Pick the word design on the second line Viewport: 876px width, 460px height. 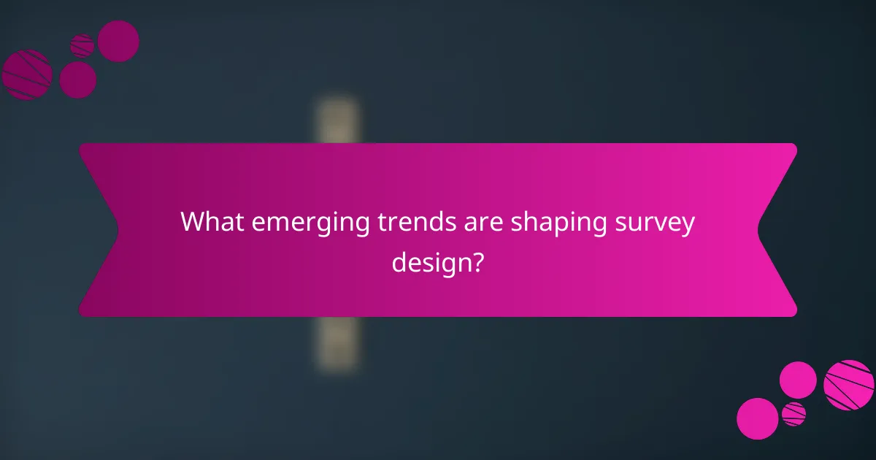tap(427, 261)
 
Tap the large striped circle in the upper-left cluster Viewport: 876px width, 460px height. tap(27, 74)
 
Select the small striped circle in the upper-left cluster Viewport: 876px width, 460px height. tap(82, 45)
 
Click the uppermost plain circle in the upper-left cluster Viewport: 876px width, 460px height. tap(118, 41)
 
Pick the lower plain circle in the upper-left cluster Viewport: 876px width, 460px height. tap(77, 80)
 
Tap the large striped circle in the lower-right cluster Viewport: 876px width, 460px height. tap(849, 385)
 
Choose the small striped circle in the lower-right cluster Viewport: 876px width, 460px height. tap(794, 413)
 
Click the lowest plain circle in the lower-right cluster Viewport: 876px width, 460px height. tap(757, 418)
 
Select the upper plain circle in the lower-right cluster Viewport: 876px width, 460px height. tap(798, 380)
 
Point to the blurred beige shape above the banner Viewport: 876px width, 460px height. tap(338, 120)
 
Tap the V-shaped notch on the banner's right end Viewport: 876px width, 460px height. tap(763, 230)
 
